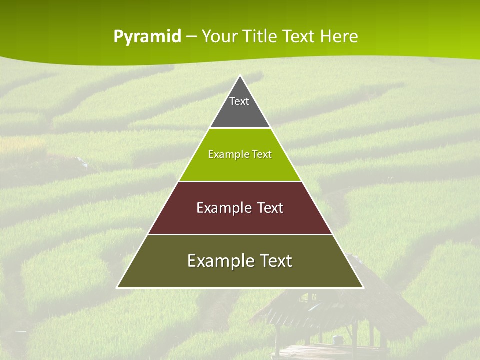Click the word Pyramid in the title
click(147, 36)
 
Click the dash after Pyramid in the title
click(191, 37)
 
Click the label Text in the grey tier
click(239, 101)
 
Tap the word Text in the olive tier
click(275, 261)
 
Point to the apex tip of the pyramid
click(240, 76)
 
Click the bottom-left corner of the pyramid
click(118, 287)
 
